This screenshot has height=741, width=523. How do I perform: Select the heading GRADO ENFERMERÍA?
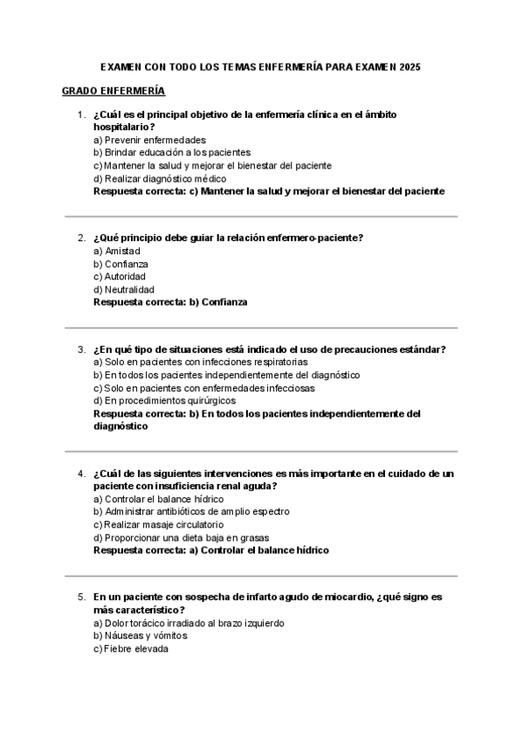[113, 91]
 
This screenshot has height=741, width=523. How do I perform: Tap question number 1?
[80, 114]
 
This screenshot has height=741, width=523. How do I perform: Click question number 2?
[80, 238]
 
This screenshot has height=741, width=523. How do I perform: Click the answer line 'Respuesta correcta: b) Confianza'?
[170, 301]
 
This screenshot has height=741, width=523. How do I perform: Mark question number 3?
[80, 350]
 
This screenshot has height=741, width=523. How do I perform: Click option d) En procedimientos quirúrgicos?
[164, 401]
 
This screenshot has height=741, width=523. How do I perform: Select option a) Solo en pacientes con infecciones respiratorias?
[200, 363]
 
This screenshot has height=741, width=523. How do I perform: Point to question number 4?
[80, 474]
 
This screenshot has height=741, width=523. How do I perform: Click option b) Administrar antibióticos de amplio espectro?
[191, 511]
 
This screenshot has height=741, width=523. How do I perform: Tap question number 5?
[80, 598]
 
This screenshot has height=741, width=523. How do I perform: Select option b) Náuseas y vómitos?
[140, 636]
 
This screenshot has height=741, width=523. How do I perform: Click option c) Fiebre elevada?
[130, 649]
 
